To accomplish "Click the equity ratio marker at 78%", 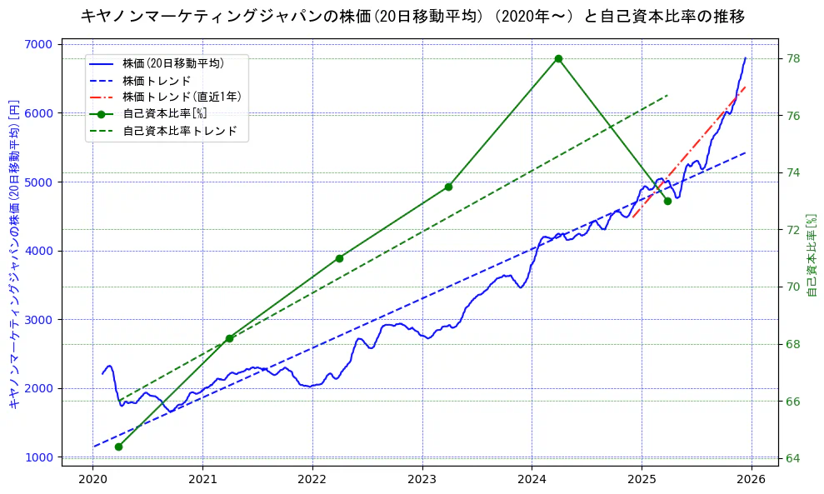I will (558, 58).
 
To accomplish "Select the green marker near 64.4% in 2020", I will (118, 447).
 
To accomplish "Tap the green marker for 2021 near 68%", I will (229, 338).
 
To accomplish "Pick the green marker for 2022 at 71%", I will (339, 258).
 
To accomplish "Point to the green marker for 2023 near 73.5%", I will (448, 187).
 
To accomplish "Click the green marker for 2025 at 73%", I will (667, 201).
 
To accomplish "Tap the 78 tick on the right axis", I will (792, 58).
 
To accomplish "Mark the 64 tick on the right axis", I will (792, 458).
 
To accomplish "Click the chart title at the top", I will (412, 16).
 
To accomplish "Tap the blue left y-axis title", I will (13, 254).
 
